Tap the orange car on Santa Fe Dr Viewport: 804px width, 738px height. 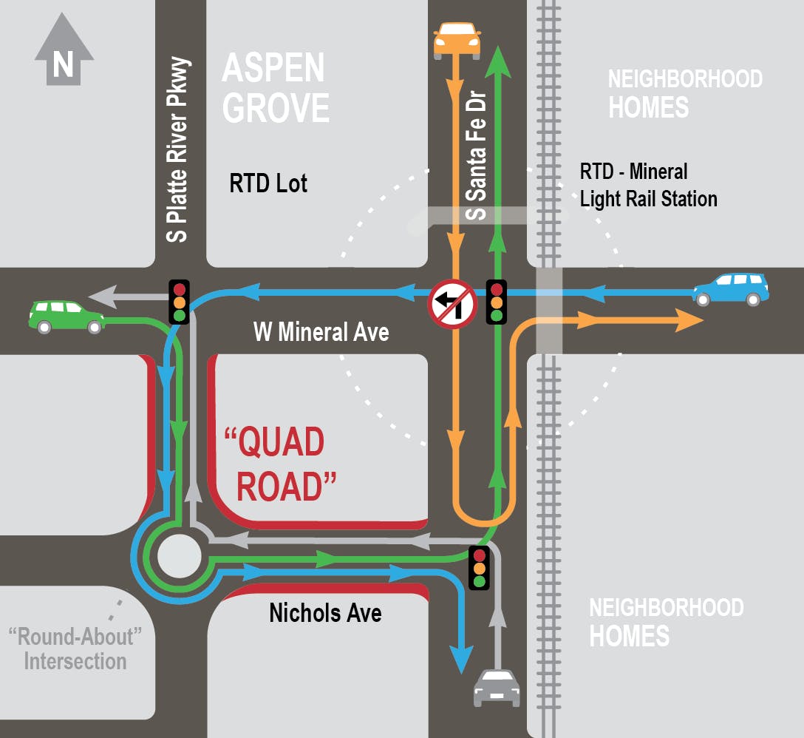(x=457, y=41)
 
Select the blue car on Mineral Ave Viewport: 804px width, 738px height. (x=730, y=289)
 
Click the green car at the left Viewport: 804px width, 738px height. (x=66, y=316)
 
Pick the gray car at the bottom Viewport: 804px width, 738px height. (x=497, y=688)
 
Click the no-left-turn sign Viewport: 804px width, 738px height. (x=453, y=303)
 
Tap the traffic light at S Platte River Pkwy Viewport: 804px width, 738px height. (x=180, y=301)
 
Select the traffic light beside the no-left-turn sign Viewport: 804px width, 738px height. (x=497, y=302)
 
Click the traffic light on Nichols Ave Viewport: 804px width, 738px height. (x=480, y=567)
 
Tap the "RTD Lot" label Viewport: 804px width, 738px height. (x=268, y=183)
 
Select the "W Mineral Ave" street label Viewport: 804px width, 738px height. (x=321, y=332)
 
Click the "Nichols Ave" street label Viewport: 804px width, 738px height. (x=325, y=613)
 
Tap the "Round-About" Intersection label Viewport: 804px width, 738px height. (x=75, y=648)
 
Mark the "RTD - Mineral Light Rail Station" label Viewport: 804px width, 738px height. (x=648, y=185)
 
